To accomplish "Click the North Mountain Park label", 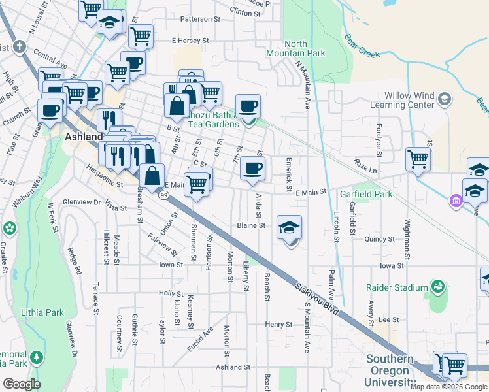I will pos(295,48).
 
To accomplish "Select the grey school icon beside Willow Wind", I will pos(445,99).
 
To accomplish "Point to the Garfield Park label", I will pos(365,194).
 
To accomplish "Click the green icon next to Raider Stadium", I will pos(437,286).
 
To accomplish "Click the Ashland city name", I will pos(84,137).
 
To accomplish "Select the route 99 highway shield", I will pos(164,195).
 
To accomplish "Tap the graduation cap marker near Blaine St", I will pos(289,228).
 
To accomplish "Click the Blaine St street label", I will pos(251,225).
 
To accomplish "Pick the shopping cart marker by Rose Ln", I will pos(418,158).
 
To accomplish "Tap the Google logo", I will pos(22,384).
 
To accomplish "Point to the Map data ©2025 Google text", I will pos(448,387).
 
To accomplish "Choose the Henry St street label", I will pos(278,324).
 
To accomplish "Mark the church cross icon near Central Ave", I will pos(20,47).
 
